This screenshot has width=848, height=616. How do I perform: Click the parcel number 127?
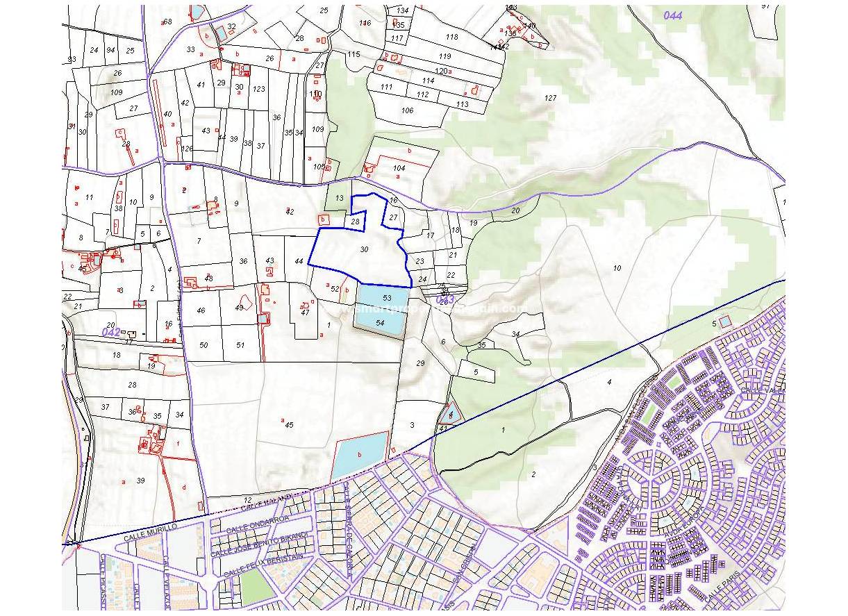click(x=551, y=98)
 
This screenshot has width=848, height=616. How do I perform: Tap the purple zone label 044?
click(x=672, y=15)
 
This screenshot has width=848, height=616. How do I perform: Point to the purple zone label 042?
click(x=111, y=331)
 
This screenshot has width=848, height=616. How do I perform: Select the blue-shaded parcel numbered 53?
click(x=387, y=297)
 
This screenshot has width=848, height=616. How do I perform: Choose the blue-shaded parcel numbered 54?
click(x=380, y=323)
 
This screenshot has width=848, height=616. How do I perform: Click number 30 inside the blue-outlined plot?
click(x=364, y=249)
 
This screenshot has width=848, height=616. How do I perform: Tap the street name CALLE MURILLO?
click(x=151, y=533)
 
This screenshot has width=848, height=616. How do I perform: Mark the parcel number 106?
click(x=407, y=110)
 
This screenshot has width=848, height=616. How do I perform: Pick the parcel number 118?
click(x=452, y=37)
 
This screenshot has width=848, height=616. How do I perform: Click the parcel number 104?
click(x=399, y=168)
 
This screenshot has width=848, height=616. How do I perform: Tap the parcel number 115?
click(x=354, y=54)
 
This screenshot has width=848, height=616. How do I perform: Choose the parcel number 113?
click(x=463, y=104)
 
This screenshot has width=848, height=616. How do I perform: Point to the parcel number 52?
click(x=334, y=289)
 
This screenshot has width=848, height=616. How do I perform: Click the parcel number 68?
click(x=167, y=22)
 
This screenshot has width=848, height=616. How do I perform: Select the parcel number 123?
click(x=259, y=89)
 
